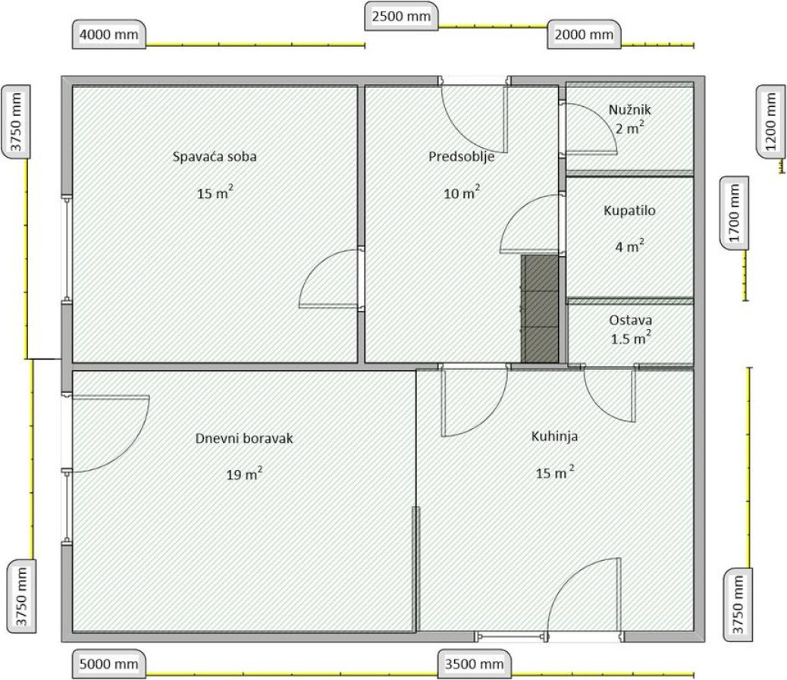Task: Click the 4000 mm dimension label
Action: pyautogui.click(x=109, y=35)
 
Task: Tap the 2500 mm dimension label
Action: pyautogui.click(x=401, y=16)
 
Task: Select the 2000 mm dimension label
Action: pyautogui.click(x=584, y=34)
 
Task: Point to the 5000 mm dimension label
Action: pyautogui.click(x=109, y=664)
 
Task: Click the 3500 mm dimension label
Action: pyautogui.click(x=475, y=664)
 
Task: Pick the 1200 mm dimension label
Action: pyautogui.click(x=770, y=121)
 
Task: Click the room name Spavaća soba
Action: pyautogui.click(x=215, y=157)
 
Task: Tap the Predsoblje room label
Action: pyautogui.click(x=461, y=157)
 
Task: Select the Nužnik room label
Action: pyautogui.click(x=629, y=109)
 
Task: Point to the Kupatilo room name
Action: pyautogui.click(x=629, y=210)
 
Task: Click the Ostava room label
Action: pyautogui.click(x=630, y=320)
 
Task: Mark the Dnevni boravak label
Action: pyautogui.click(x=244, y=439)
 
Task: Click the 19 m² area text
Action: pyautogui.click(x=244, y=473)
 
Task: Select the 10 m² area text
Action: pyautogui.click(x=462, y=193)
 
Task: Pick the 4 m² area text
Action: pyautogui.click(x=630, y=246)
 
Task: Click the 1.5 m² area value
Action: pyautogui.click(x=631, y=338)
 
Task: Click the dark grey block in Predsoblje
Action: pyautogui.click(x=540, y=309)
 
